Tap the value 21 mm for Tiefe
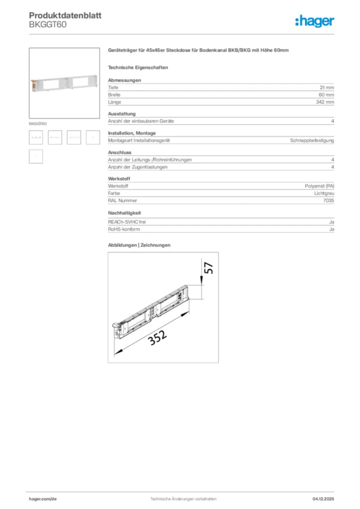click(x=326, y=87)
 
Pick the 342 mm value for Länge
click(x=325, y=102)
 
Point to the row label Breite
click(x=114, y=94)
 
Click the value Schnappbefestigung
click(x=312, y=141)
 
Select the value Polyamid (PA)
click(x=319, y=186)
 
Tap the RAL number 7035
click(x=328, y=200)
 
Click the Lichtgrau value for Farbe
click(x=324, y=193)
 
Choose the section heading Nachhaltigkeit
click(x=124, y=213)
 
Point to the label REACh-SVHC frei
click(x=127, y=222)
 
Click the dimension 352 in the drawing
click(x=157, y=339)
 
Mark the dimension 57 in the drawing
click(x=209, y=268)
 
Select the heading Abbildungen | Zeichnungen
click(x=139, y=245)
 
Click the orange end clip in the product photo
click(x=34, y=85)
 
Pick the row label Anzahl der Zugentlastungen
click(x=138, y=167)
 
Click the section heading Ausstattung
click(x=122, y=114)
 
